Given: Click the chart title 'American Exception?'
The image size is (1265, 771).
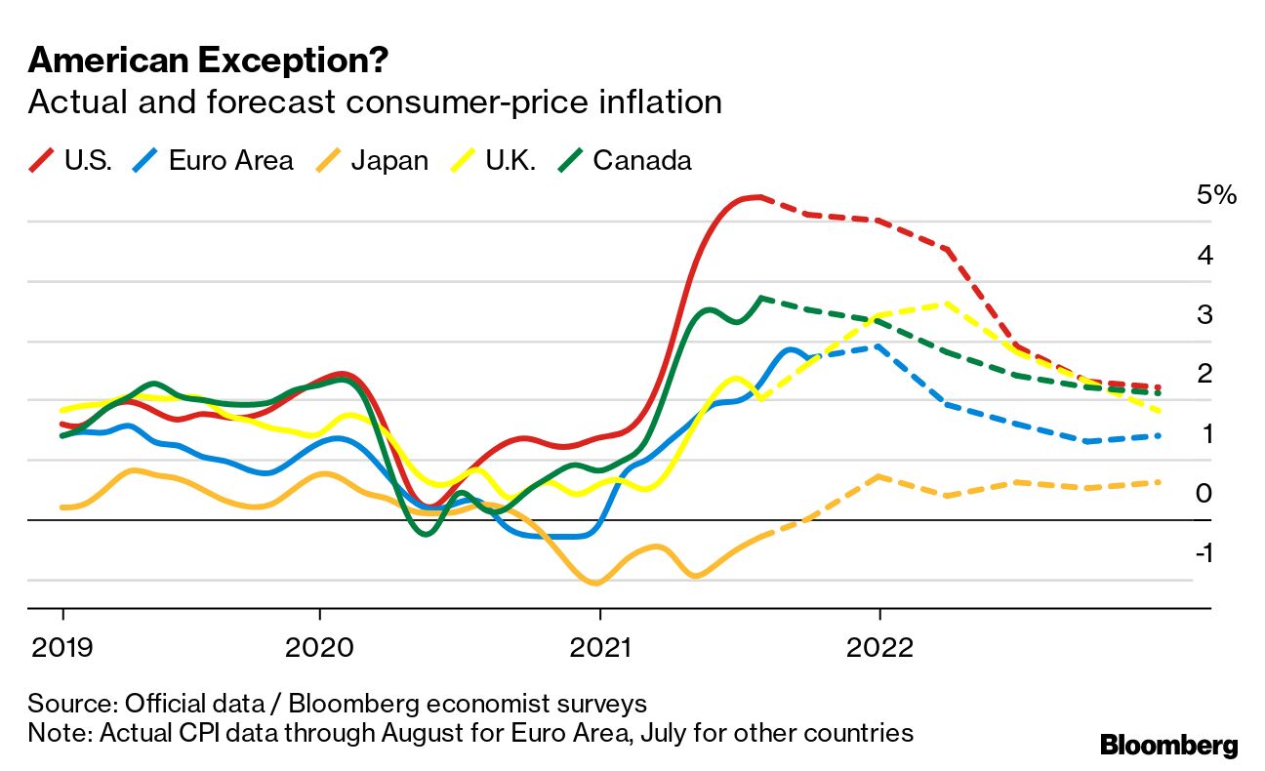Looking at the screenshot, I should coord(208,61).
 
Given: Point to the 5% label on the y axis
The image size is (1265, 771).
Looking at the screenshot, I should coord(1216,195).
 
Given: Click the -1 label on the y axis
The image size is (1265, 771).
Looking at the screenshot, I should coord(1204,552).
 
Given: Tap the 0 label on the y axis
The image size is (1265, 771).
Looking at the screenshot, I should coord(1204,494).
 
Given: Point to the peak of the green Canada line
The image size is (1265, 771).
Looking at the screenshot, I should coord(760,298).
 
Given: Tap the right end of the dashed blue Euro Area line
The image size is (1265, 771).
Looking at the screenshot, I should coord(1159,435).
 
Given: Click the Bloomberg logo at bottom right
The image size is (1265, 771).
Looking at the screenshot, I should coord(1169,746).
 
